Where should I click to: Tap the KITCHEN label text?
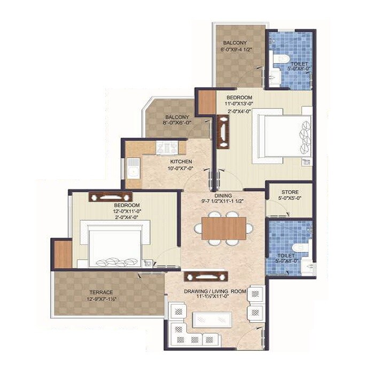(181, 162)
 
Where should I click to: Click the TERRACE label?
(101, 292)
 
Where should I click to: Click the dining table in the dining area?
(224, 228)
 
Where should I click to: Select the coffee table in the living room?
(212, 320)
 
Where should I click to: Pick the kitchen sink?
(132, 172)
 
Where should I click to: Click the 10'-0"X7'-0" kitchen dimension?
(181, 168)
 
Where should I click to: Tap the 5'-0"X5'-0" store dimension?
(290, 198)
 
